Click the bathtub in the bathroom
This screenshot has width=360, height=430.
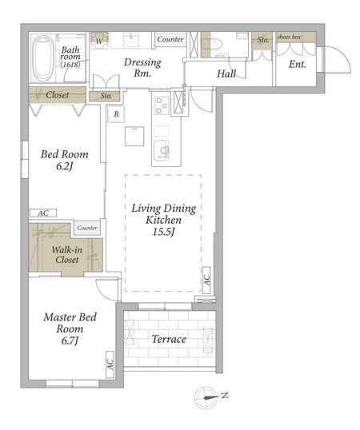43,58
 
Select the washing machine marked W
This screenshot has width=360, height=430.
99,41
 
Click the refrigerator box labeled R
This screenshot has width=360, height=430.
116,114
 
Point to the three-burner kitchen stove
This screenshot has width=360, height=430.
162,106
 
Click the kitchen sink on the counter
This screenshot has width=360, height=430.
162,150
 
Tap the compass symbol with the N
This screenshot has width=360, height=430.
206,397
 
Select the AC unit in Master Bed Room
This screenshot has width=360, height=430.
110,364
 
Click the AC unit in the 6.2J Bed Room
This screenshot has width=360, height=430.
43,213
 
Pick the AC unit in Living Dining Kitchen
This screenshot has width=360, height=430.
206,280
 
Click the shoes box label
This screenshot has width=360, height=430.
290,37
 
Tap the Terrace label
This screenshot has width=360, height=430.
169,339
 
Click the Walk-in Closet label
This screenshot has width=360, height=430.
66,254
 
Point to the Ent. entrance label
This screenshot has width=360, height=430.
297,64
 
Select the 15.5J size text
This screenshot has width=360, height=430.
163,232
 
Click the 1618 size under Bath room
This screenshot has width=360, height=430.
70,65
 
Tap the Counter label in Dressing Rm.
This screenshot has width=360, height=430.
170,39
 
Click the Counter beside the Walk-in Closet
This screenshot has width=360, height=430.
87,228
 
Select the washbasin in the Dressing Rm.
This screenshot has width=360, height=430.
131,40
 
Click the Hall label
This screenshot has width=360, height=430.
226,74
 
